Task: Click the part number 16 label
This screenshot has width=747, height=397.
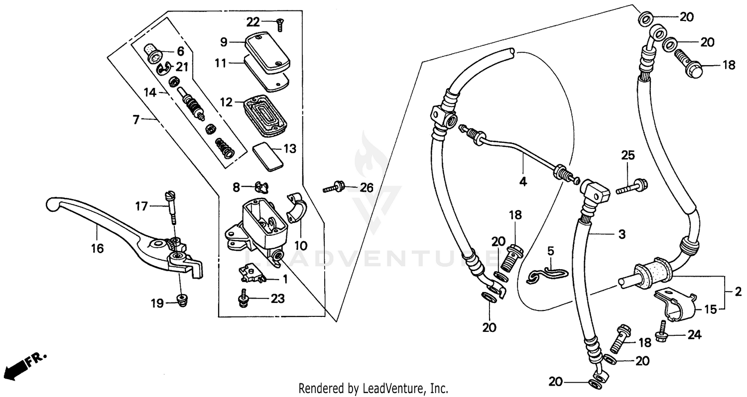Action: (x=98, y=248)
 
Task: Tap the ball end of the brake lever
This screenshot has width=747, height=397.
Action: (x=52, y=204)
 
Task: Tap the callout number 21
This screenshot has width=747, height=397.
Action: (x=182, y=67)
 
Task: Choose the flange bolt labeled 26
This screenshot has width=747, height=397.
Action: (x=335, y=188)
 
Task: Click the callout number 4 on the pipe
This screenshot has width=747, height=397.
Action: (x=522, y=182)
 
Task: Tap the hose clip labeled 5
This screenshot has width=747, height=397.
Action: (x=546, y=276)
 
